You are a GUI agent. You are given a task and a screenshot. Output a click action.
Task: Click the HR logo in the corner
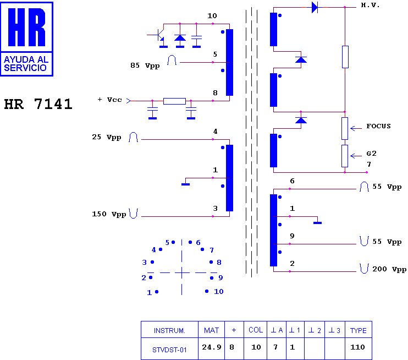[x=27, y=39]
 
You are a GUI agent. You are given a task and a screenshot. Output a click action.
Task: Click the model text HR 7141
[x=38, y=105]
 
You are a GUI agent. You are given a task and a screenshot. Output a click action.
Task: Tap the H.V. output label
[x=370, y=5]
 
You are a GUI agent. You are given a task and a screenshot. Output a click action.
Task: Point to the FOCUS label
[x=378, y=126]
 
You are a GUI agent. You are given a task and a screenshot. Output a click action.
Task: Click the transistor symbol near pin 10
[x=158, y=36]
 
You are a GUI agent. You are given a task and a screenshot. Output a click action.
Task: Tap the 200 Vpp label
[x=389, y=269]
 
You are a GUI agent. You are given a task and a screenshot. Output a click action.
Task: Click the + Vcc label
[x=109, y=100]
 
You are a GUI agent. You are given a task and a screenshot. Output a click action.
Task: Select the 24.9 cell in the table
[x=211, y=347]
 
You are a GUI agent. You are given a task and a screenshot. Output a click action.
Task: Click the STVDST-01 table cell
[x=169, y=348]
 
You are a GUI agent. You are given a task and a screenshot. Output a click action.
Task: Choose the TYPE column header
[x=359, y=330]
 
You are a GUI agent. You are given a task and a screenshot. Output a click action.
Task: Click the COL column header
[x=256, y=330]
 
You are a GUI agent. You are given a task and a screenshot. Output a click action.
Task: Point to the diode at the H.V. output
[x=315, y=7]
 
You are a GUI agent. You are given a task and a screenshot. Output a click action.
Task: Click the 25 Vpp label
[x=106, y=137]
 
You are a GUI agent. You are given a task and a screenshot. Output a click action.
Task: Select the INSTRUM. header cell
[x=169, y=330]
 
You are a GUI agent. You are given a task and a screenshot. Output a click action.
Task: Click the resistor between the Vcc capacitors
[x=174, y=101]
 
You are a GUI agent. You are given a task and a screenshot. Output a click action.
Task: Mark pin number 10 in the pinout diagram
[x=218, y=292]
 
